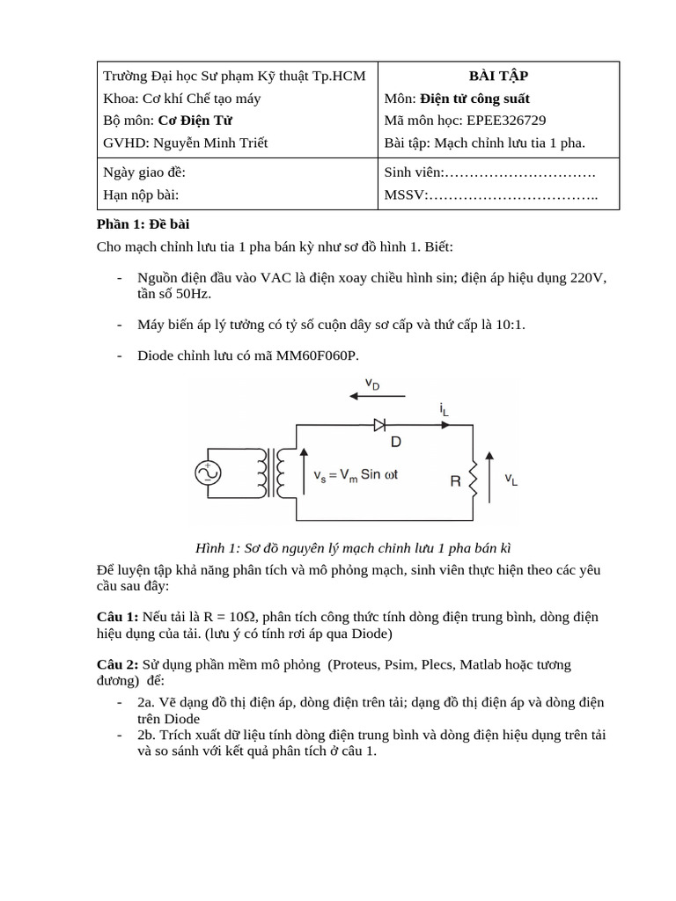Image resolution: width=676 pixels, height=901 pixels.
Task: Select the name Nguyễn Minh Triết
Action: [x=211, y=143]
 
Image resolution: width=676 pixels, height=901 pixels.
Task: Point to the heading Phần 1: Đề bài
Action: [x=143, y=224]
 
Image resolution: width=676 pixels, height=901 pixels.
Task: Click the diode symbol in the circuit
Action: [x=379, y=425]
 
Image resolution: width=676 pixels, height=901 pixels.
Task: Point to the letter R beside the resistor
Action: [x=455, y=481]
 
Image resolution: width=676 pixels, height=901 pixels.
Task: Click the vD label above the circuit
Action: [x=372, y=384]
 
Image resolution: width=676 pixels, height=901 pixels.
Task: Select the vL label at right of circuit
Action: [x=511, y=480]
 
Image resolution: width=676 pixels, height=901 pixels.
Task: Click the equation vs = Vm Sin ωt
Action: [x=356, y=475]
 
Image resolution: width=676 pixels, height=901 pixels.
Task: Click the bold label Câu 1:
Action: [x=117, y=617]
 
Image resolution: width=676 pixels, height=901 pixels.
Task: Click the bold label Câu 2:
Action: [x=117, y=665]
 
